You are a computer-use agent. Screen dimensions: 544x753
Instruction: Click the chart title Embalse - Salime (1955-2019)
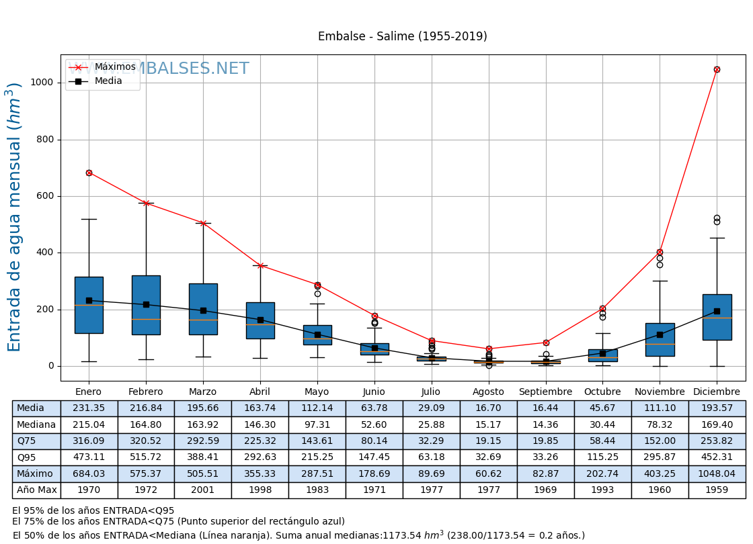point(402,36)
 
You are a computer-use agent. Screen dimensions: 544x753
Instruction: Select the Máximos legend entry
point(114,67)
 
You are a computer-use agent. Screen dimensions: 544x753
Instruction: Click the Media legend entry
point(108,81)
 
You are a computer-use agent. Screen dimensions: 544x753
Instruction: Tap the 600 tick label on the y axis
point(46,196)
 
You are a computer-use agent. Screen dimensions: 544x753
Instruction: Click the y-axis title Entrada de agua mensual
point(15,216)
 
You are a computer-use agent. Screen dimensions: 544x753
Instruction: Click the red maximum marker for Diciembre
point(717,69)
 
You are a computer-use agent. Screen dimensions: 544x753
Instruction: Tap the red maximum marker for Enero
point(89,173)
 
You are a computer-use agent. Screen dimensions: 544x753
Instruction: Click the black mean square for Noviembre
point(660,334)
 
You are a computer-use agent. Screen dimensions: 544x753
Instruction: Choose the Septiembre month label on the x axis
point(545,392)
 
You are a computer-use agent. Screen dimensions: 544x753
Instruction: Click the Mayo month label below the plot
point(317,392)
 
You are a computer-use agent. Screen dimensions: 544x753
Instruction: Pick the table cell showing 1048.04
point(717,474)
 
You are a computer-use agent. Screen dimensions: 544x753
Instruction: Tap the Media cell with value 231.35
point(89,408)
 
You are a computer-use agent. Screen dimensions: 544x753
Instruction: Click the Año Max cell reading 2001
point(202,490)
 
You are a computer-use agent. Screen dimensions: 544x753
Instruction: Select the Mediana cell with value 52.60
point(374,424)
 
